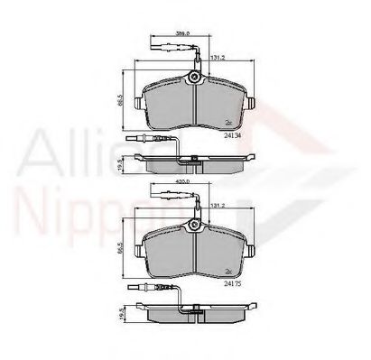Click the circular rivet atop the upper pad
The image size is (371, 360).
[194, 79]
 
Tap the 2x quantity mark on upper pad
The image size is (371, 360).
[229, 121]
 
